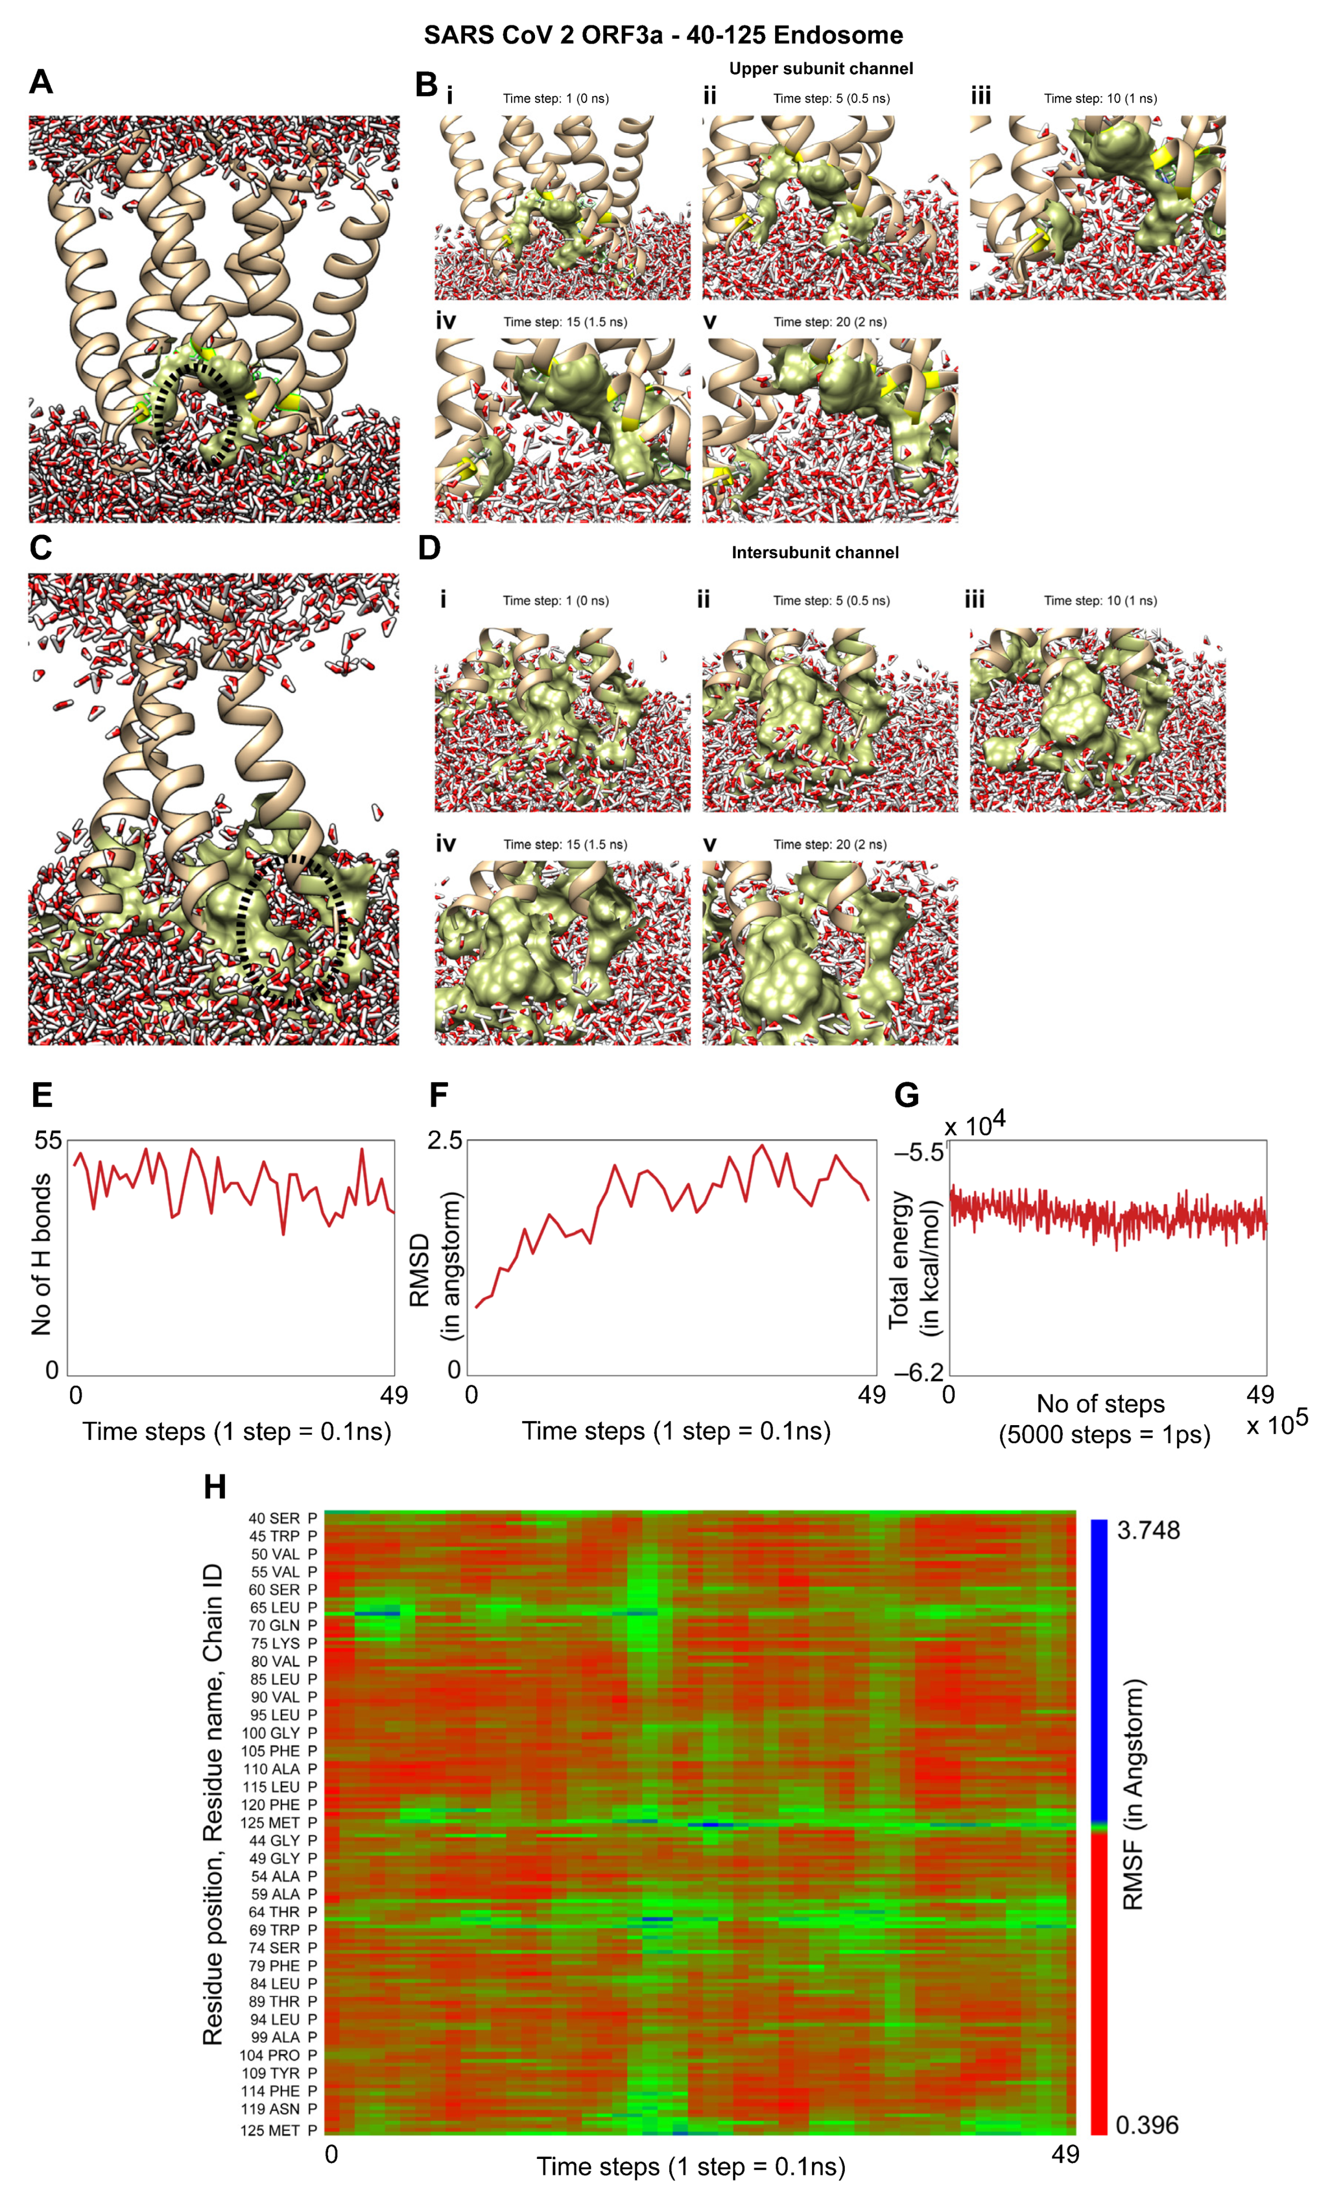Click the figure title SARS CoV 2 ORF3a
point(663,35)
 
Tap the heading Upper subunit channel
point(820,69)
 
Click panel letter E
point(42,1095)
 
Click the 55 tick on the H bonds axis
point(48,1140)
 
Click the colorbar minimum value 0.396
point(1146,2125)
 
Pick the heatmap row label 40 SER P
point(282,1518)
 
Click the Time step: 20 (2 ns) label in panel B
point(829,322)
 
